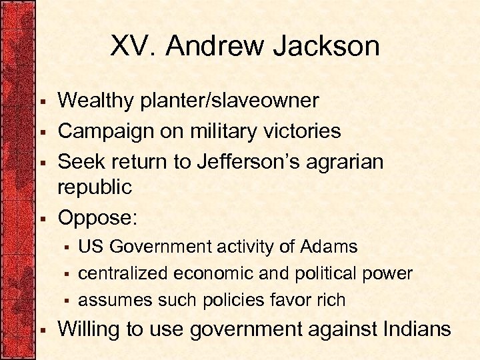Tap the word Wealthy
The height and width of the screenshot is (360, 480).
click(x=97, y=101)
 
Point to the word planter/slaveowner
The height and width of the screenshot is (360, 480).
click(x=229, y=101)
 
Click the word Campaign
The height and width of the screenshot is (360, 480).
click(x=103, y=131)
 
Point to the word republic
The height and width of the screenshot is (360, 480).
click(x=95, y=188)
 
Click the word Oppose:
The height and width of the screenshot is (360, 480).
click(x=93, y=218)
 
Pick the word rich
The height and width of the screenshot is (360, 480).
click(x=331, y=300)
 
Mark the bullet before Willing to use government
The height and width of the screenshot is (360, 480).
click(x=42, y=330)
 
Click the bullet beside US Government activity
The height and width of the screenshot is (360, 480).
click(x=67, y=248)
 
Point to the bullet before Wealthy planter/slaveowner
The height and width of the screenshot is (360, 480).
click(x=42, y=102)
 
